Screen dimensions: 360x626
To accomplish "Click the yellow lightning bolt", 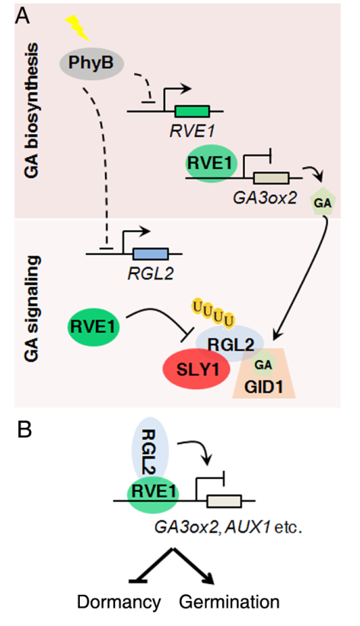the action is [78, 28].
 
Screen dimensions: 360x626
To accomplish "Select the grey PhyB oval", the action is [92, 63].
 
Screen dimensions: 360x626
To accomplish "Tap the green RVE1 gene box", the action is [192, 111].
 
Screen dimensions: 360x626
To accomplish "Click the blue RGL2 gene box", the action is [151, 254].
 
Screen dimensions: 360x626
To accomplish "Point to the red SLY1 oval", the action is [197, 369].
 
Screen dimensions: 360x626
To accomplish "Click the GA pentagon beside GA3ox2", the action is [323, 203].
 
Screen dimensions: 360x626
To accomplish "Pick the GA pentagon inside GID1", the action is [263, 363].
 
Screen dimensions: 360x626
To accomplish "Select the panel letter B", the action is [25, 430].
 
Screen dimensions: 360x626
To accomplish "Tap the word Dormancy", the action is [119, 602].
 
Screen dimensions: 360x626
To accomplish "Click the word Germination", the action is [229, 601].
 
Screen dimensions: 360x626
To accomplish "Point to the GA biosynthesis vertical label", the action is [31, 110].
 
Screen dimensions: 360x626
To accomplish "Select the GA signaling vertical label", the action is [31, 308].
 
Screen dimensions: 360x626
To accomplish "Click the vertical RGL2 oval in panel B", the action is [150, 450].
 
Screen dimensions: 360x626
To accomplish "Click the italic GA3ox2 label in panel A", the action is [265, 197].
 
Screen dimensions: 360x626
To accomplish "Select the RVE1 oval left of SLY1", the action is [94, 327].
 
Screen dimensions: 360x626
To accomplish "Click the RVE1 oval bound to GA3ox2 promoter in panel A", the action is [212, 163].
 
